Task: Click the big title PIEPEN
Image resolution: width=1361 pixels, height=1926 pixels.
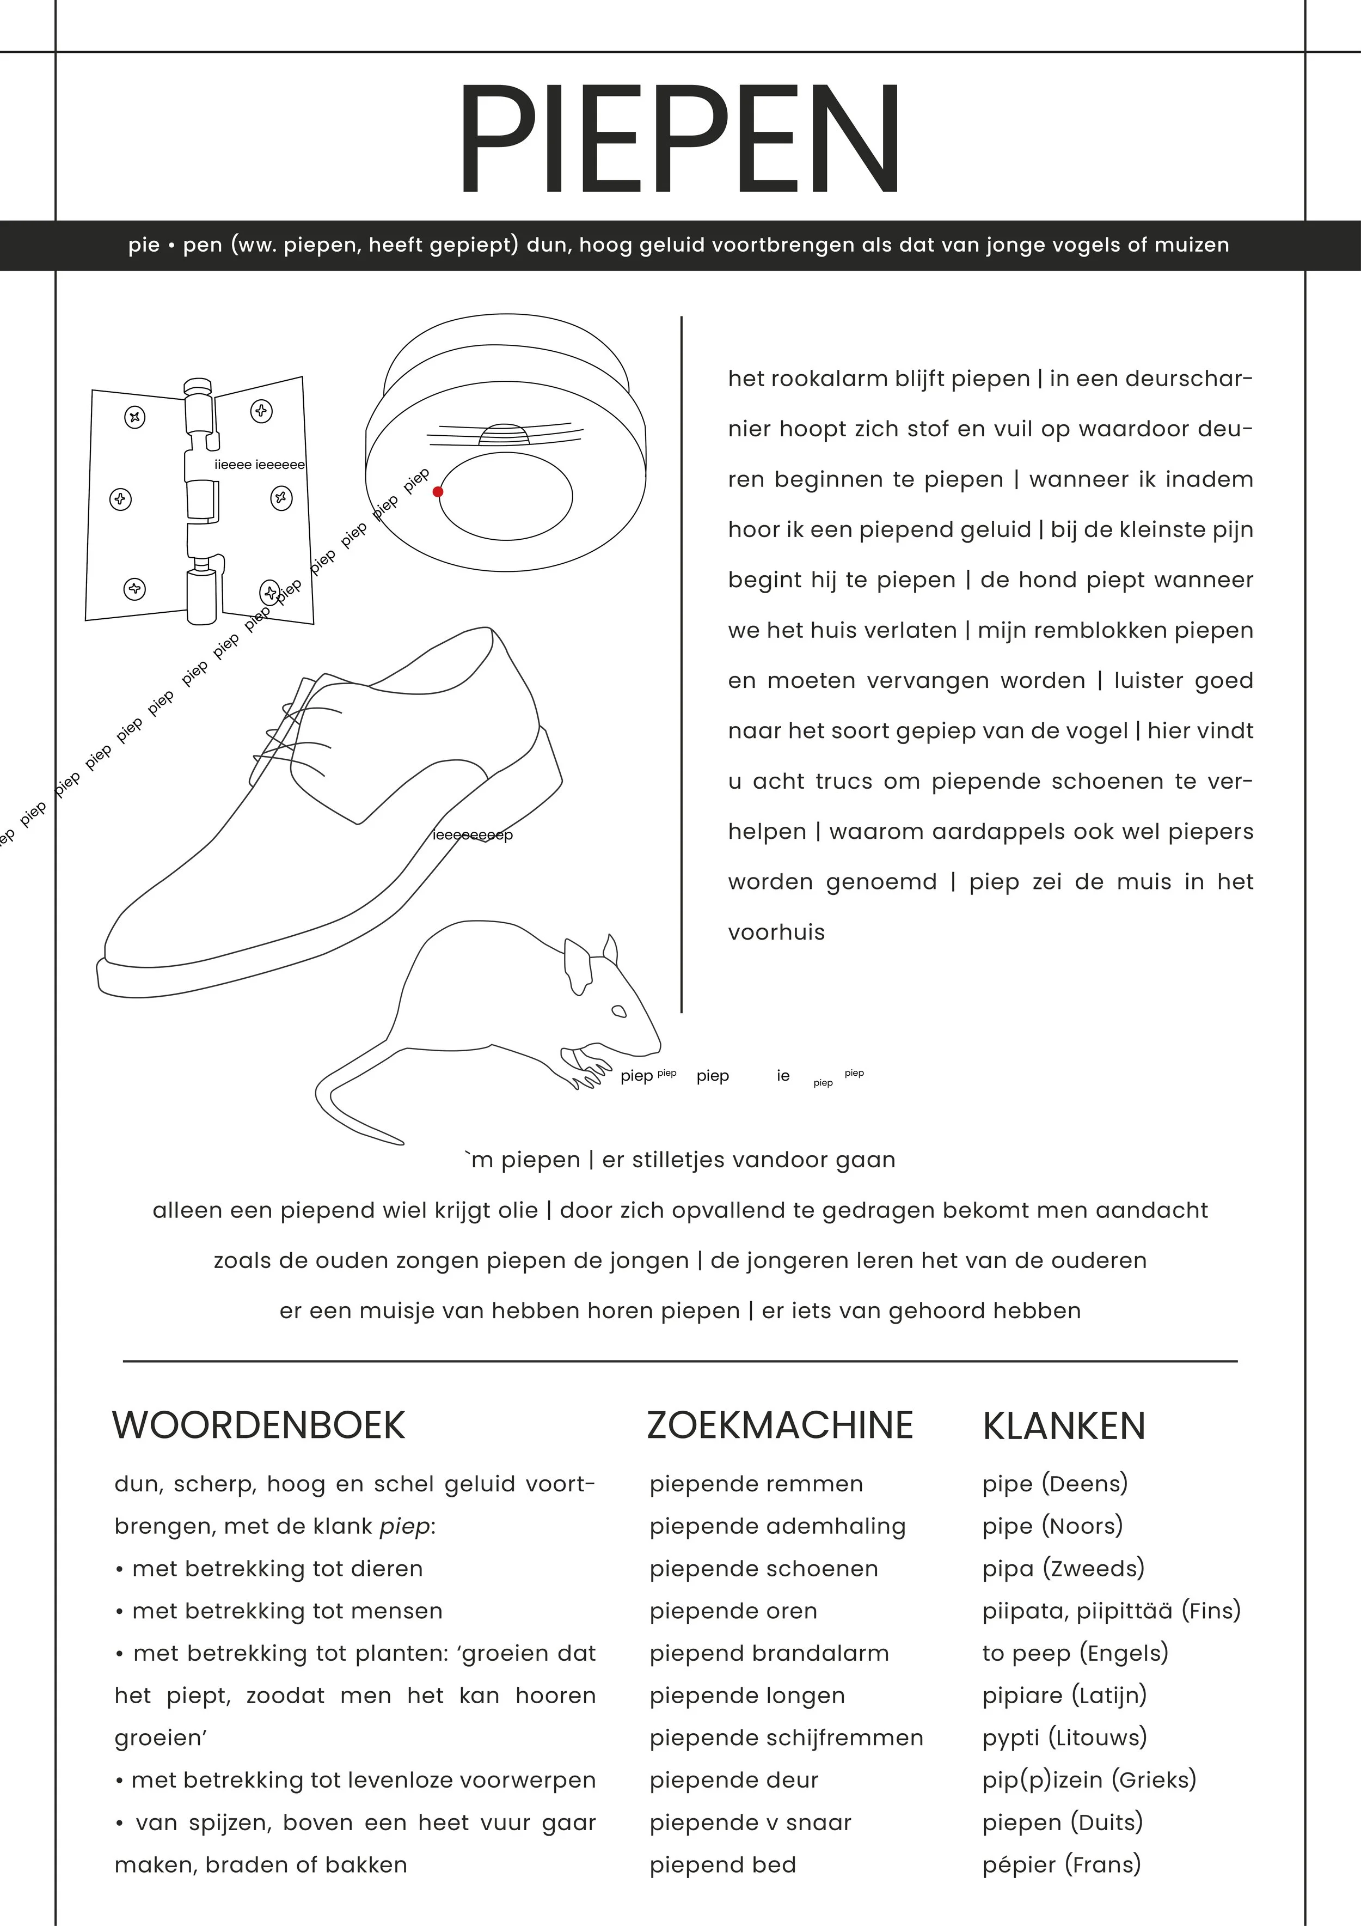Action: point(679,139)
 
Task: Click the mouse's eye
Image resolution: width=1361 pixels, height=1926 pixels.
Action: point(619,1011)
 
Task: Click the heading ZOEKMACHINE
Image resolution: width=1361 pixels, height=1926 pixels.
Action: point(780,1425)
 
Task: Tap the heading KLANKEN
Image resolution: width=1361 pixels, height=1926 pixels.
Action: point(1063,1426)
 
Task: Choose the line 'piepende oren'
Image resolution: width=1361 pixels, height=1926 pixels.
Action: point(733,1611)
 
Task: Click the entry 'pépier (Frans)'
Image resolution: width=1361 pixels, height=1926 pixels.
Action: point(1062,1865)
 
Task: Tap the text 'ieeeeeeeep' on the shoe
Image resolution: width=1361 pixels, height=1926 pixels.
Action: point(472,834)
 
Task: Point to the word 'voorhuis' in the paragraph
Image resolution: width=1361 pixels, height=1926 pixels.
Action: point(776,932)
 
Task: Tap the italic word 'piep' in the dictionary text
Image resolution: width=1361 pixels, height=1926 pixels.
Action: point(404,1526)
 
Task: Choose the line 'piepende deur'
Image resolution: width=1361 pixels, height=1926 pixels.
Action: point(734,1780)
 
